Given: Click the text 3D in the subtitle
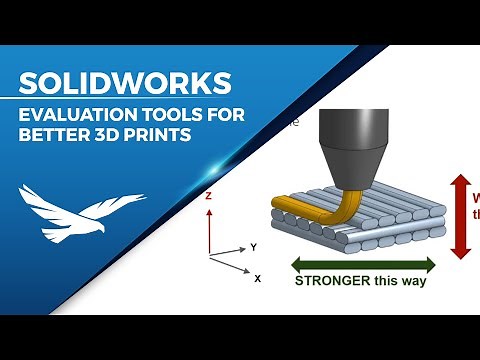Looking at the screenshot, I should (114, 135).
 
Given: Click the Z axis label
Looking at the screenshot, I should (207, 197).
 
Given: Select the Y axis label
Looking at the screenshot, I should (254, 246).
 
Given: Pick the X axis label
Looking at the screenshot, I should (257, 278).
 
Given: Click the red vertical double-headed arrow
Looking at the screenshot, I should (461, 214).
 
